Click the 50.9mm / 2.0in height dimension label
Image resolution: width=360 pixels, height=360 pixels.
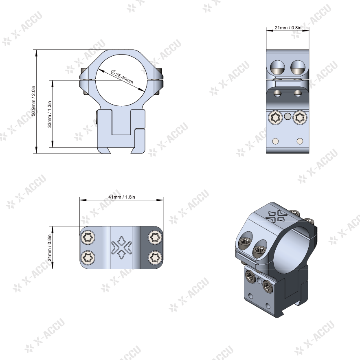[x=33, y=101]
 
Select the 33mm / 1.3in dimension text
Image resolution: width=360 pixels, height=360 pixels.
[x=49, y=114]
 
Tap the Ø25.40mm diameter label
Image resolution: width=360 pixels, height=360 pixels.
[x=122, y=77]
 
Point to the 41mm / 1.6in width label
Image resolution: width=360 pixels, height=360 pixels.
[x=122, y=197]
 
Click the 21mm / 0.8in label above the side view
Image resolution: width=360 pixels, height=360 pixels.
[x=288, y=28]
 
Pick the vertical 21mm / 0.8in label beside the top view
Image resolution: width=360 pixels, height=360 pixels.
[x=49, y=248]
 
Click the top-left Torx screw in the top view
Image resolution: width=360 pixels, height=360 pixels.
[x=88, y=237]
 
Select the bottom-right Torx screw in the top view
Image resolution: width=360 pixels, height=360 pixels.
[x=155, y=257]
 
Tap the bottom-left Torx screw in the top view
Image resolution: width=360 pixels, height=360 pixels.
[x=88, y=257]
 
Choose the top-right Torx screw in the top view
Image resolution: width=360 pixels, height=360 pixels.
[x=155, y=237]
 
